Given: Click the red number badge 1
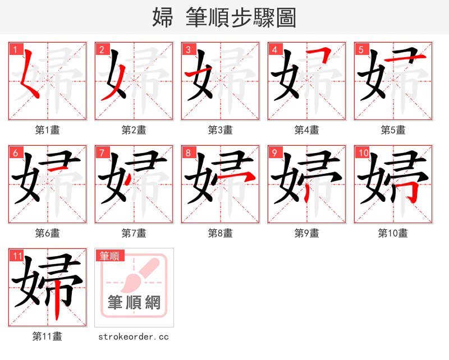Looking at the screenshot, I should [x=15, y=49].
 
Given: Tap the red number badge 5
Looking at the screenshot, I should [x=360, y=49].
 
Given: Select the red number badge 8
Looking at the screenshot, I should [x=187, y=153].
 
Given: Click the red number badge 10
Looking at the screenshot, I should [x=363, y=153].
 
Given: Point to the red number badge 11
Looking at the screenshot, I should [x=17, y=256].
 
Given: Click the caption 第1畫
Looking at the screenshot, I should [x=47, y=130].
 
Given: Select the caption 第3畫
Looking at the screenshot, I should [x=220, y=130].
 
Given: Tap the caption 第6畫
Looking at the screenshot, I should [x=47, y=233].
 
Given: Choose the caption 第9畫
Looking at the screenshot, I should [x=306, y=233].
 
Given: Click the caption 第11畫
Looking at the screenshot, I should [x=47, y=336].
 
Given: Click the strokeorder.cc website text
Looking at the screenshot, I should [x=134, y=336].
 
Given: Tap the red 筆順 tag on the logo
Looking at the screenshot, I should [x=109, y=256].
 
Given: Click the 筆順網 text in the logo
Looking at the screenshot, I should [x=134, y=303].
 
